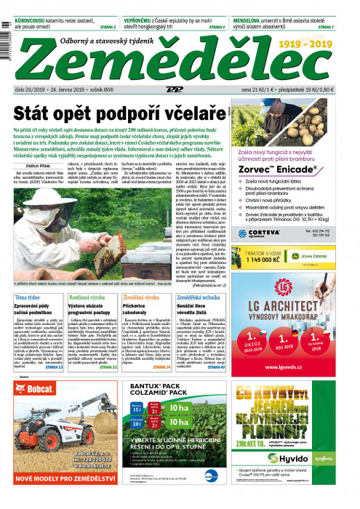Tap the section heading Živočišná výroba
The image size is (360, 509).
[143, 297]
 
